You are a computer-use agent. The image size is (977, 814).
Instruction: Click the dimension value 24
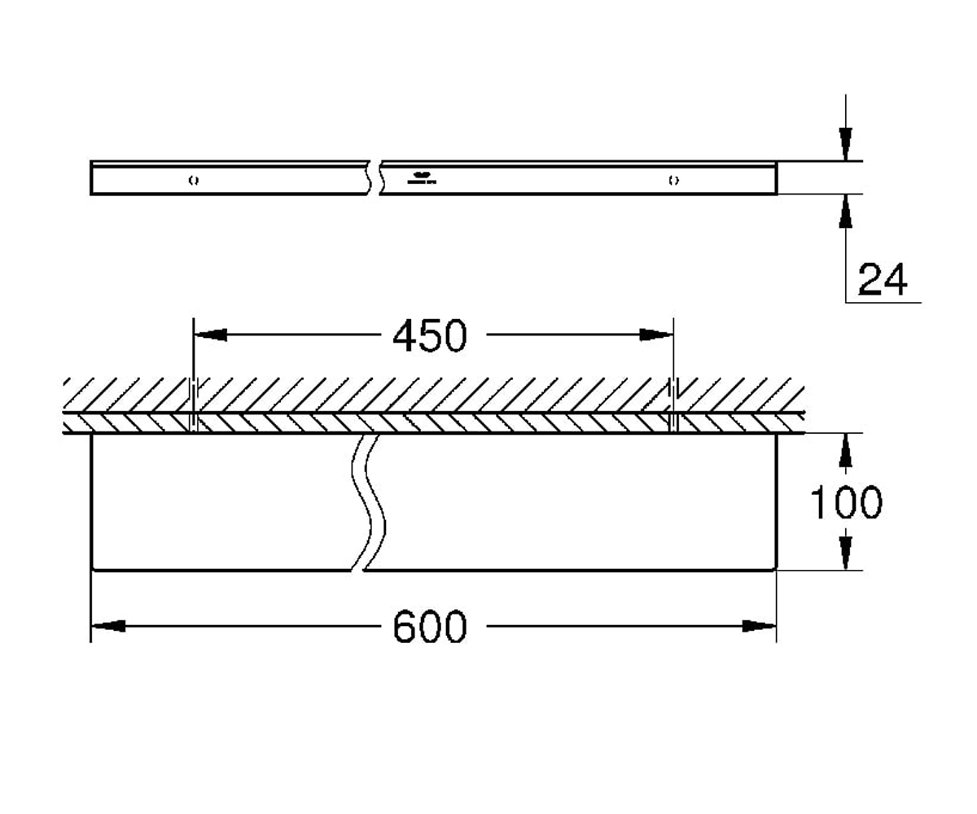883,279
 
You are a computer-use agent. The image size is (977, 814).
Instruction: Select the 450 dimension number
430,335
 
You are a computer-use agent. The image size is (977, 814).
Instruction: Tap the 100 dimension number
846,502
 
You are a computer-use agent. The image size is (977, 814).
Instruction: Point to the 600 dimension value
430,627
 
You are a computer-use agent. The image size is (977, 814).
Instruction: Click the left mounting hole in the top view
194,180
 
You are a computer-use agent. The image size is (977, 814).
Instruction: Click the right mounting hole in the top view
674,180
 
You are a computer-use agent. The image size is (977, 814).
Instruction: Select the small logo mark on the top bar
422,178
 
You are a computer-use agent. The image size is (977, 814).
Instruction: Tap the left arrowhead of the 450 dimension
211,335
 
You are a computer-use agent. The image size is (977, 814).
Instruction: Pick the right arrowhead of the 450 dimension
656,335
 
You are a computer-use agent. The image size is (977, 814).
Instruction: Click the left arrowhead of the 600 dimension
108,626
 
